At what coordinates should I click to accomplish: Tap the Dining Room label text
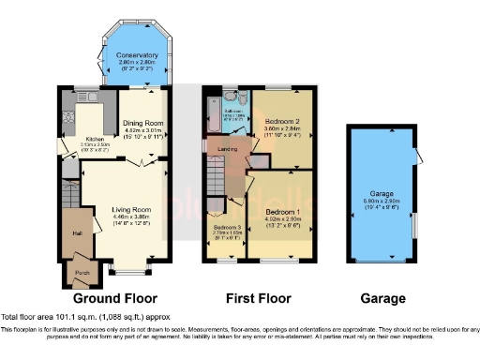click(x=144, y=124)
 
